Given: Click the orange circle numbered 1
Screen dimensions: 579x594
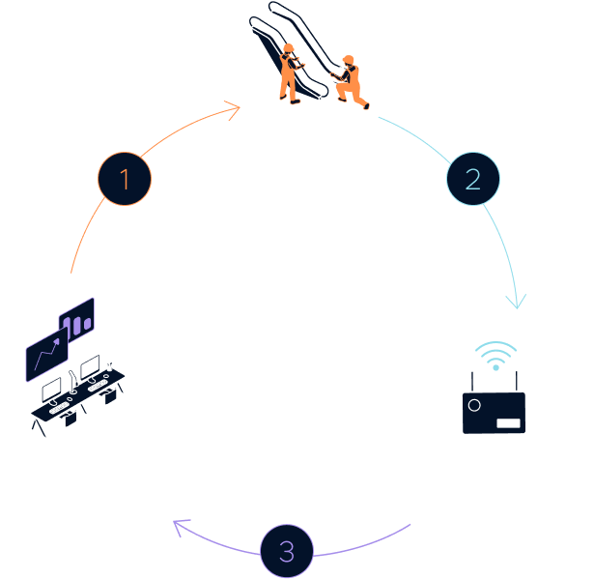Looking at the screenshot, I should coord(126,180).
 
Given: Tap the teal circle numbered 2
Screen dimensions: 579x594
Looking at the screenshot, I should coord(472,180).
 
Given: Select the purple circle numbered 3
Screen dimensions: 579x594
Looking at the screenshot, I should coord(287,553).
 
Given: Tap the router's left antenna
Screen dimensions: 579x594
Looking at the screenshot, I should coord(475,378).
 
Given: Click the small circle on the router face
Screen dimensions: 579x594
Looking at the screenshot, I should coord(474,407).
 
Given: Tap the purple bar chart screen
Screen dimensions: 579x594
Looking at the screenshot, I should coord(76,318).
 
